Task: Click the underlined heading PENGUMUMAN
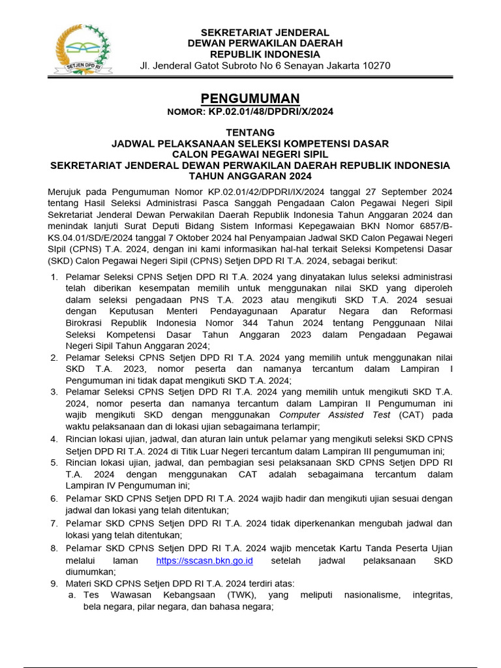[250, 99]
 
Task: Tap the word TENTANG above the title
[250, 132]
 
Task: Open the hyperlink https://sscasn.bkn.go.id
[204, 561]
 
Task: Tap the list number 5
[55, 463]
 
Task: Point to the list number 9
[55, 583]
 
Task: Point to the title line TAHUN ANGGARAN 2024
[250, 176]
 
